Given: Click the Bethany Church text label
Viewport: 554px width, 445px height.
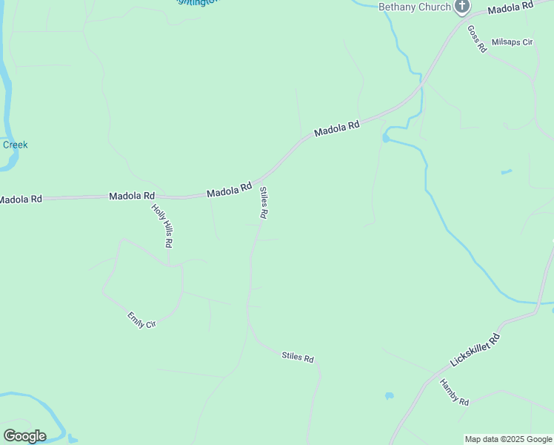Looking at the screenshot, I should (x=415, y=7).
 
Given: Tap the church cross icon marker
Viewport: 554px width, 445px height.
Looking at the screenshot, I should (x=462, y=7).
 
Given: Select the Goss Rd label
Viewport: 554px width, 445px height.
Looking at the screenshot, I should (x=476, y=39).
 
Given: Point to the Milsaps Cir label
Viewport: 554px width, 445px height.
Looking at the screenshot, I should (x=512, y=42).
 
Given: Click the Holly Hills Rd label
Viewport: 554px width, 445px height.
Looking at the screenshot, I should (x=162, y=225).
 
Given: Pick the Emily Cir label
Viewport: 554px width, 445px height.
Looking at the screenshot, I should (x=141, y=320).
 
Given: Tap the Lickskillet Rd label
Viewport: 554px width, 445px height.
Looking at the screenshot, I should (x=475, y=351).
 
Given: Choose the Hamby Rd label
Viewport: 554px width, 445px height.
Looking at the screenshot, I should (x=454, y=392).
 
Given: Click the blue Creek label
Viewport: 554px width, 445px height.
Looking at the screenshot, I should (x=15, y=145).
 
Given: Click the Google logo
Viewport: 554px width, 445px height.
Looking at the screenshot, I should (x=24, y=436).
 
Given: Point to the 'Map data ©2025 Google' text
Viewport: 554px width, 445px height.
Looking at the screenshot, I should (x=509, y=439).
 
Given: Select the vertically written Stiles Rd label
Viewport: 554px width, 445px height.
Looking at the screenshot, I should (x=263, y=202).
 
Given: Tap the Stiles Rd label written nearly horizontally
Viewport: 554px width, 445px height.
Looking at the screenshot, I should (x=298, y=357).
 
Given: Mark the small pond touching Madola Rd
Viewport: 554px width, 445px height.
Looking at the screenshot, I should (x=386, y=138).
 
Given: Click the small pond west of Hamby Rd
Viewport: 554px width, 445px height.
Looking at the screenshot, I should (x=389, y=396).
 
